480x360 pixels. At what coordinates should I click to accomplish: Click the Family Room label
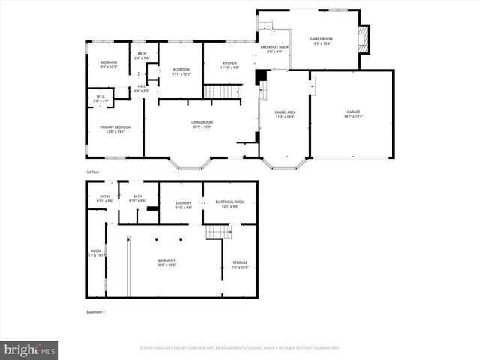[322, 40]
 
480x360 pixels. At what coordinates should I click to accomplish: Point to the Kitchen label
[229, 64]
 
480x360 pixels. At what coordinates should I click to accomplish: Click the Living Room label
[201, 124]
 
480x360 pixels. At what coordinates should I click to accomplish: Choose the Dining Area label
[285, 114]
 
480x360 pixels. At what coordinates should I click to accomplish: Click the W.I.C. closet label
[100, 98]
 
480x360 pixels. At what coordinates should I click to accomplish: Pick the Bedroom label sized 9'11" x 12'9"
[175, 71]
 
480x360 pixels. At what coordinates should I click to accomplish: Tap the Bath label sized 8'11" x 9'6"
[137, 199]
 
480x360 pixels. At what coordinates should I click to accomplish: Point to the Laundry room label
[183, 205]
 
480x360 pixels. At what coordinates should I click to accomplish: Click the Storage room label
[239, 264]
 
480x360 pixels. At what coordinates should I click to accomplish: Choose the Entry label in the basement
[105, 199]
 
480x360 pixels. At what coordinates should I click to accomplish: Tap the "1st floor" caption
[92, 171]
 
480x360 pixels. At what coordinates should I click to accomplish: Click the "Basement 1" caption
[96, 312]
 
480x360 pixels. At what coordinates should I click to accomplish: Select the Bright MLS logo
[30, 349]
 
